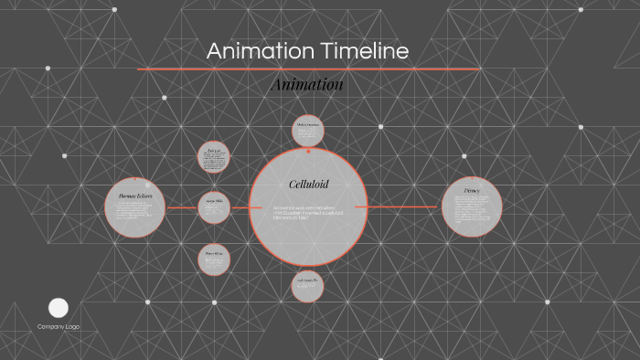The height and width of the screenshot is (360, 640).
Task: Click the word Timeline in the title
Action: click(364, 51)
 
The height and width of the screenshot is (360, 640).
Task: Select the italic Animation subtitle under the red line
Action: click(307, 84)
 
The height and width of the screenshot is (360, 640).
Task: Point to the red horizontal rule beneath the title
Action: click(308, 69)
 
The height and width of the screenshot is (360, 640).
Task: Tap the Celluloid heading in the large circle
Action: click(308, 184)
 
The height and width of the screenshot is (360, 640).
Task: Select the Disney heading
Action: click(472, 190)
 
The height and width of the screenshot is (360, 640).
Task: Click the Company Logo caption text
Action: click(58, 326)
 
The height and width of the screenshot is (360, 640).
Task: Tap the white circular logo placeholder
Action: click(58, 307)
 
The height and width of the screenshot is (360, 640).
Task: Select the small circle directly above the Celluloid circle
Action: click(308, 130)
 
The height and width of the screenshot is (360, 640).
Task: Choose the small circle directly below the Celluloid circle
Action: click(307, 286)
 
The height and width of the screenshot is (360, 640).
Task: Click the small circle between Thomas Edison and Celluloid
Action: click(213, 207)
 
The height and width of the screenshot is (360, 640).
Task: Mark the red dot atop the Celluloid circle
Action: click(309, 150)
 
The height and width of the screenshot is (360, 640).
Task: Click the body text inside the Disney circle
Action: click(472, 212)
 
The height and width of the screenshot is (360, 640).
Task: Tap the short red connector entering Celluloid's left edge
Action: click(241, 207)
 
